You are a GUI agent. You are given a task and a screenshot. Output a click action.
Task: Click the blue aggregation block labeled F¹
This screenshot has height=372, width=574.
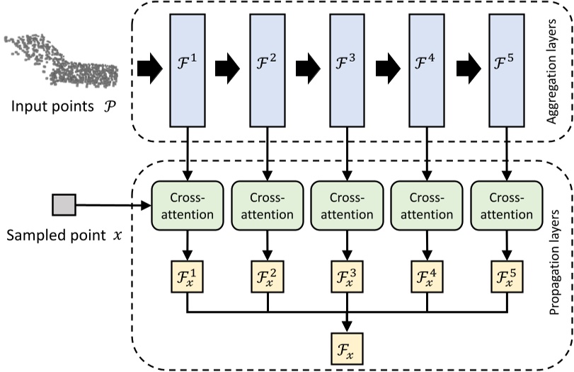187,69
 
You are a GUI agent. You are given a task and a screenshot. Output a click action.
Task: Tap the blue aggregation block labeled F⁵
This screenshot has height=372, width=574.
506,69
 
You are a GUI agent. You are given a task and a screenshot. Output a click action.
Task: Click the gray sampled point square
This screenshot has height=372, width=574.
64,204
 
